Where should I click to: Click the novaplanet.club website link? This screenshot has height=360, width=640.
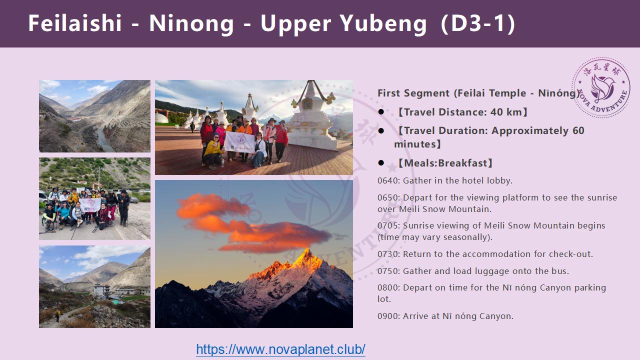pos(280,349)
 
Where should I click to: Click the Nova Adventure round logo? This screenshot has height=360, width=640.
pos(601,87)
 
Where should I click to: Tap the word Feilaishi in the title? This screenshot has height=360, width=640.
pos(75,23)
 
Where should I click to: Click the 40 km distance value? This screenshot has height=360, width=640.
pos(506,112)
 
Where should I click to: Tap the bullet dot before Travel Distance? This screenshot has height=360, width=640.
pos(381,111)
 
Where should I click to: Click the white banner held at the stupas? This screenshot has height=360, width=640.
pos(239,141)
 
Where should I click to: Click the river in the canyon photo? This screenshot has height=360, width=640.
pos(104,138)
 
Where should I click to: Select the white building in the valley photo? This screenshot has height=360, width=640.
pos(101,290)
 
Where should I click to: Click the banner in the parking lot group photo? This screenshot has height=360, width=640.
pos(90,205)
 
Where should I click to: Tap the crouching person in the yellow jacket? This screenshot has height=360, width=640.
pos(213,151)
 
